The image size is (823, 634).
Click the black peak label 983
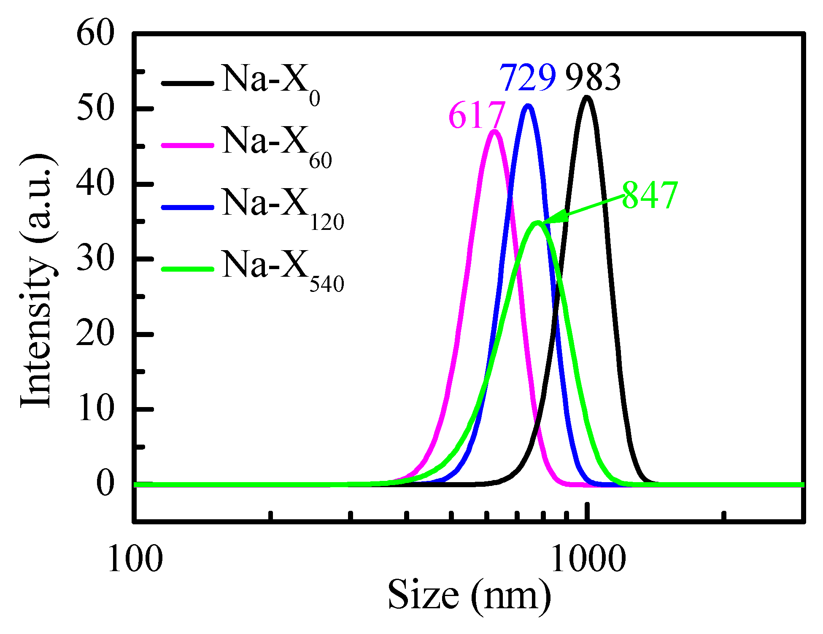coord(593,78)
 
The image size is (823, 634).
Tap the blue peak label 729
coord(528,78)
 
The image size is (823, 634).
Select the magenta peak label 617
coord(477,115)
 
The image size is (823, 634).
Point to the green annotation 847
coord(650,195)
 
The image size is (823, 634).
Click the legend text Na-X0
coord(270,82)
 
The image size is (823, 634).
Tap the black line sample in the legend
coord(187,83)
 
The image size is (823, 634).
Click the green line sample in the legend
coord(187,269)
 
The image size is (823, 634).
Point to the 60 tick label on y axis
coord(95,34)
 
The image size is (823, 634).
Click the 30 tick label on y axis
coord(95,259)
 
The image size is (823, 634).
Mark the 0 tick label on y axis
coord(105,483)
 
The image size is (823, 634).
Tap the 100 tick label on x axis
coord(135,559)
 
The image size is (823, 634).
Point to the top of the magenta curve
coord(494,132)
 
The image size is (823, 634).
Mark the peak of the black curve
coord(586,98)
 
